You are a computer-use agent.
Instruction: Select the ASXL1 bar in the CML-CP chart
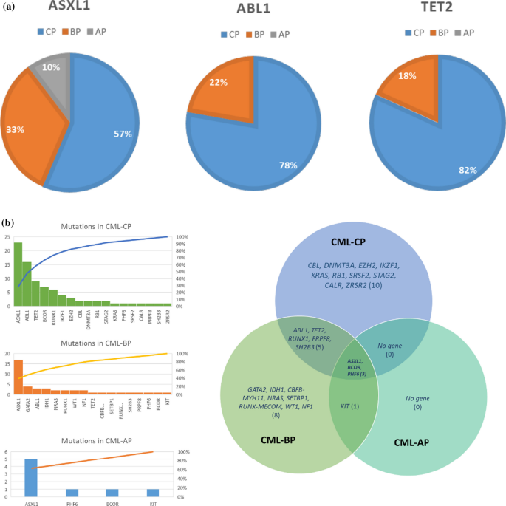(x=18, y=274)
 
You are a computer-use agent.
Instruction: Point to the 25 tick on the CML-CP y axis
(x=7, y=237)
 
